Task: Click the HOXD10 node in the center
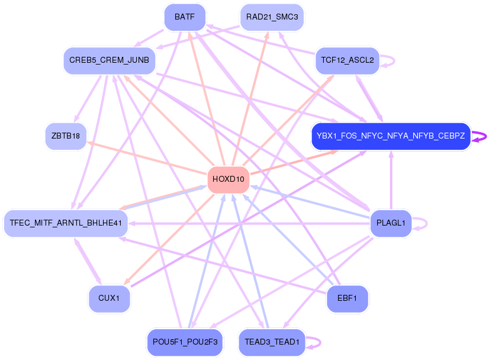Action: [228, 179]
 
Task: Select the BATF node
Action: [185, 17]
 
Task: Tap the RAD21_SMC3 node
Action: [272, 17]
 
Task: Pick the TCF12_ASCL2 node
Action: [347, 60]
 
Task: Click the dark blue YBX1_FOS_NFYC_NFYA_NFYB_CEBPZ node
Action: [391, 136]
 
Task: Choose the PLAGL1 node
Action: [390, 223]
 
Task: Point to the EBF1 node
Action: [347, 298]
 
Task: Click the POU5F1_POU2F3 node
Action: [185, 342]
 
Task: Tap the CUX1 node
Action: [109, 298]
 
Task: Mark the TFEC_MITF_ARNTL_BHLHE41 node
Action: [65, 223]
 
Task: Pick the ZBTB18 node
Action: [65, 136]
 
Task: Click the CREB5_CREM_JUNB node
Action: [109, 60]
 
